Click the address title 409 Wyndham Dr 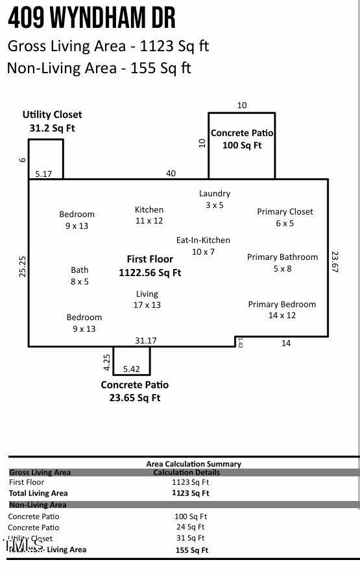pyautogui.click(x=91, y=19)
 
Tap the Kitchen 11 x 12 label pyautogui.click(x=149, y=215)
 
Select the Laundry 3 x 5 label pyautogui.click(x=214, y=199)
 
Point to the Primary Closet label pyautogui.click(x=285, y=217)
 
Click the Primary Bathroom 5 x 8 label pyautogui.click(x=282, y=262)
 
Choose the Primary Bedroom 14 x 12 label pyautogui.click(x=282, y=310)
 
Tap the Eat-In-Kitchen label pyautogui.click(x=203, y=246)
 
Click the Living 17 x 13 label pyautogui.click(x=147, y=299)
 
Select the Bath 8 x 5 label pyautogui.click(x=80, y=275)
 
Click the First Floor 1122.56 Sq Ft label pyautogui.click(x=150, y=266)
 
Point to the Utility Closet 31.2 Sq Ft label pyautogui.click(x=53, y=121)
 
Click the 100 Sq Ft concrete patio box pyautogui.click(x=241, y=146)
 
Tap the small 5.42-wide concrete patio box pyautogui.click(x=132, y=360)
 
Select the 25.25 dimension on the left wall pyautogui.click(x=23, y=267)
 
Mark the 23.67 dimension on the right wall pyautogui.click(x=335, y=262)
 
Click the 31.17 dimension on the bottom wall pyautogui.click(x=145, y=340)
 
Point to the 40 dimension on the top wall pyautogui.click(x=171, y=173)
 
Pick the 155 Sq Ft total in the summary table pyautogui.click(x=191, y=550)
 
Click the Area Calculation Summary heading pyautogui.click(x=193, y=463)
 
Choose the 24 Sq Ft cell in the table pyautogui.click(x=191, y=527)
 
